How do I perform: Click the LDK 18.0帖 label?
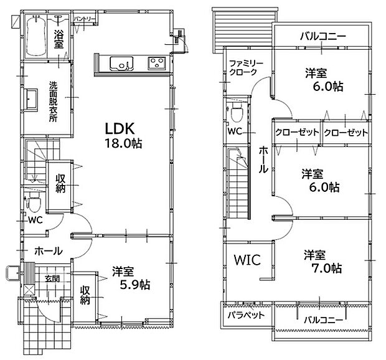[x=123, y=135]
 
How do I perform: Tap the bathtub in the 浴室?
[x=36, y=36]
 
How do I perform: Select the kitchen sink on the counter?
[x=121, y=64]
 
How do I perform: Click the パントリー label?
[x=85, y=19]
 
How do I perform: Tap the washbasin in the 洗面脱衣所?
[x=31, y=99]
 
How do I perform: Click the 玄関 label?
[x=52, y=279]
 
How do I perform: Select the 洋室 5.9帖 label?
[x=131, y=278]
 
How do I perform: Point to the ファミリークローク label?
[x=246, y=67]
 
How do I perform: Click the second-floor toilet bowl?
[x=237, y=112]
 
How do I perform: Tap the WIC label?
[x=247, y=260]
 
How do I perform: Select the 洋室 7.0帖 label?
[x=322, y=262]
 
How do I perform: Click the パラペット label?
[x=246, y=315]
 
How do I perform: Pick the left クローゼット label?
[x=297, y=133]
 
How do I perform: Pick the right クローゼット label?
[x=346, y=133]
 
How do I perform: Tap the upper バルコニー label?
[x=322, y=37]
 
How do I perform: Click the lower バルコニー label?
[x=322, y=320]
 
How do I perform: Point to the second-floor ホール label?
[x=263, y=159]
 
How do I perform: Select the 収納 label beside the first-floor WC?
[x=60, y=183]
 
